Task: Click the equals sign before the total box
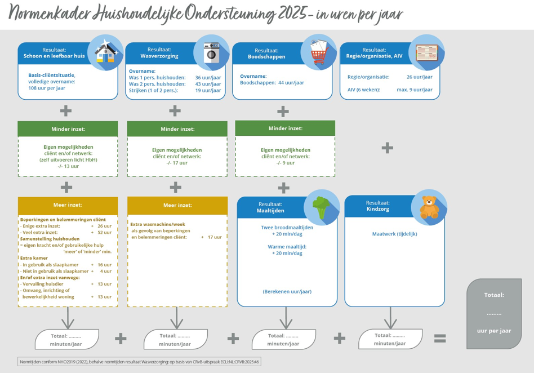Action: point(440,339)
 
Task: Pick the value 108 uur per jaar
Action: point(47,88)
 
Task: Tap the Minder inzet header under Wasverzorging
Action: point(177,129)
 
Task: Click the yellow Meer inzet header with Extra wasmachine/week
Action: point(177,205)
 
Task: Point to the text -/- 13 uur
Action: point(68,166)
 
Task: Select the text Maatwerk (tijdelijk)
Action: point(395,234)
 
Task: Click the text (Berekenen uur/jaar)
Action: point(287,291)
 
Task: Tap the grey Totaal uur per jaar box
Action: point(494,313)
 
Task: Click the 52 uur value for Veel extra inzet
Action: point(104,232)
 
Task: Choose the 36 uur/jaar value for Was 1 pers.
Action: point(208,77)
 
